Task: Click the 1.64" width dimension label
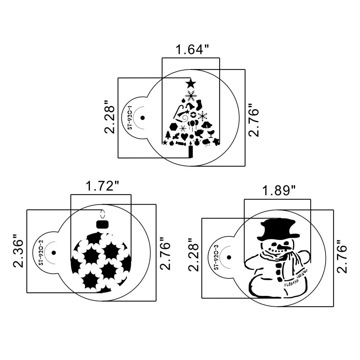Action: coord(192,50)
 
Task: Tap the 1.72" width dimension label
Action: coord(102,186)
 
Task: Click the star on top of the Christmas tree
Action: coord(191,84)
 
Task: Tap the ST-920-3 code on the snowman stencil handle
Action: coord(216,257)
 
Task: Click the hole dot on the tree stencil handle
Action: coord(142,118)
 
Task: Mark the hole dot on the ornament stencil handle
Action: coord(53,253)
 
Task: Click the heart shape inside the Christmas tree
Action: coord(184,136)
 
